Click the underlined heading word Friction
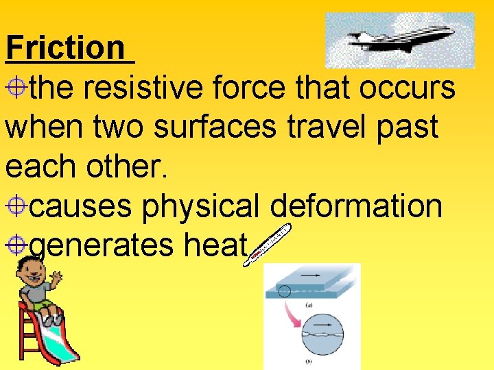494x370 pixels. (x=66, y=48)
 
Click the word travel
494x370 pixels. (x=336, y=127)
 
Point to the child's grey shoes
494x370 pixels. (x=49, y=319)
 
